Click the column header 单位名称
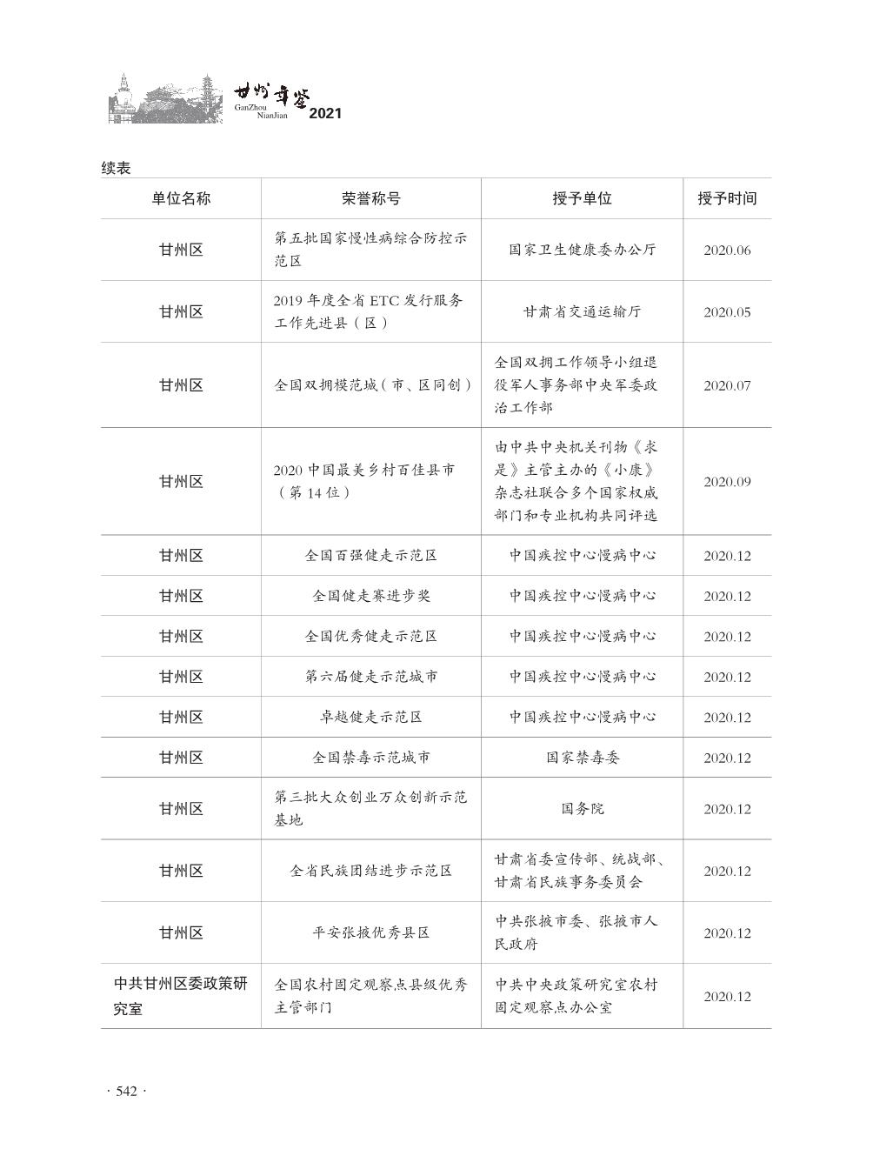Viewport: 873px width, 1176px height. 181,198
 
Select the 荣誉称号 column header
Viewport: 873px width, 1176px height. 371,198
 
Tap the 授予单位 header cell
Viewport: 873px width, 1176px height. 582,198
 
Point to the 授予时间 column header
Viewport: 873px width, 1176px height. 727,198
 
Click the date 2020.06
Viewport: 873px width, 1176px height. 727,251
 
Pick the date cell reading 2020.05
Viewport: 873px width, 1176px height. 727,312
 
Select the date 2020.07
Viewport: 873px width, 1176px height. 727,385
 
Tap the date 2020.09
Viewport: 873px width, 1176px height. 727,482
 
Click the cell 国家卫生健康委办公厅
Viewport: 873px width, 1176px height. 583,250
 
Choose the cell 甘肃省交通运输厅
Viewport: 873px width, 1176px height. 583,311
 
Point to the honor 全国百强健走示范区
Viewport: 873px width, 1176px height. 371,555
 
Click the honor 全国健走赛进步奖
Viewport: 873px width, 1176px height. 371,596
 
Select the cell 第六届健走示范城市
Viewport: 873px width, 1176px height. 371,676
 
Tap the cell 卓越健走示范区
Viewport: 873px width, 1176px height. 371,717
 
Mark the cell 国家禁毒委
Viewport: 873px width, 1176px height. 583,758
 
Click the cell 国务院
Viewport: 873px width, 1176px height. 583,808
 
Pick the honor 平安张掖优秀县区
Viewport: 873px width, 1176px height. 371,932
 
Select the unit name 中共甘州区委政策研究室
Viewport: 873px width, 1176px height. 181,996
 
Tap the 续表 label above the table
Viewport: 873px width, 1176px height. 116,168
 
